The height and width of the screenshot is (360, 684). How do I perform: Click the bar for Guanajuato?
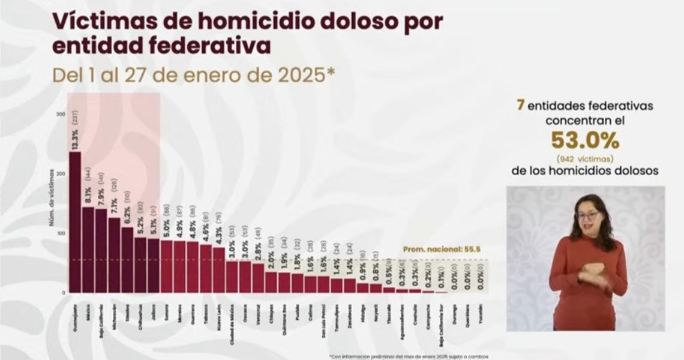(75, 222)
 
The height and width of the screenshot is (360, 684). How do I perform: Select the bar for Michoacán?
(114, 255)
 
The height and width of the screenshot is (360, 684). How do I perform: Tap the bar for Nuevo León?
(219, 270)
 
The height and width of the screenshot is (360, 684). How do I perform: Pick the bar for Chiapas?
(271, 282)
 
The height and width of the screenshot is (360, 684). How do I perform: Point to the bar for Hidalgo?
(362, 287)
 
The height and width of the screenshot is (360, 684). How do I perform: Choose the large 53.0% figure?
(585, 141)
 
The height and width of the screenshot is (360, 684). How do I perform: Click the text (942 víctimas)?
(585, 158)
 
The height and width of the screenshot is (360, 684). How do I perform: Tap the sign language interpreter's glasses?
(586, 215)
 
